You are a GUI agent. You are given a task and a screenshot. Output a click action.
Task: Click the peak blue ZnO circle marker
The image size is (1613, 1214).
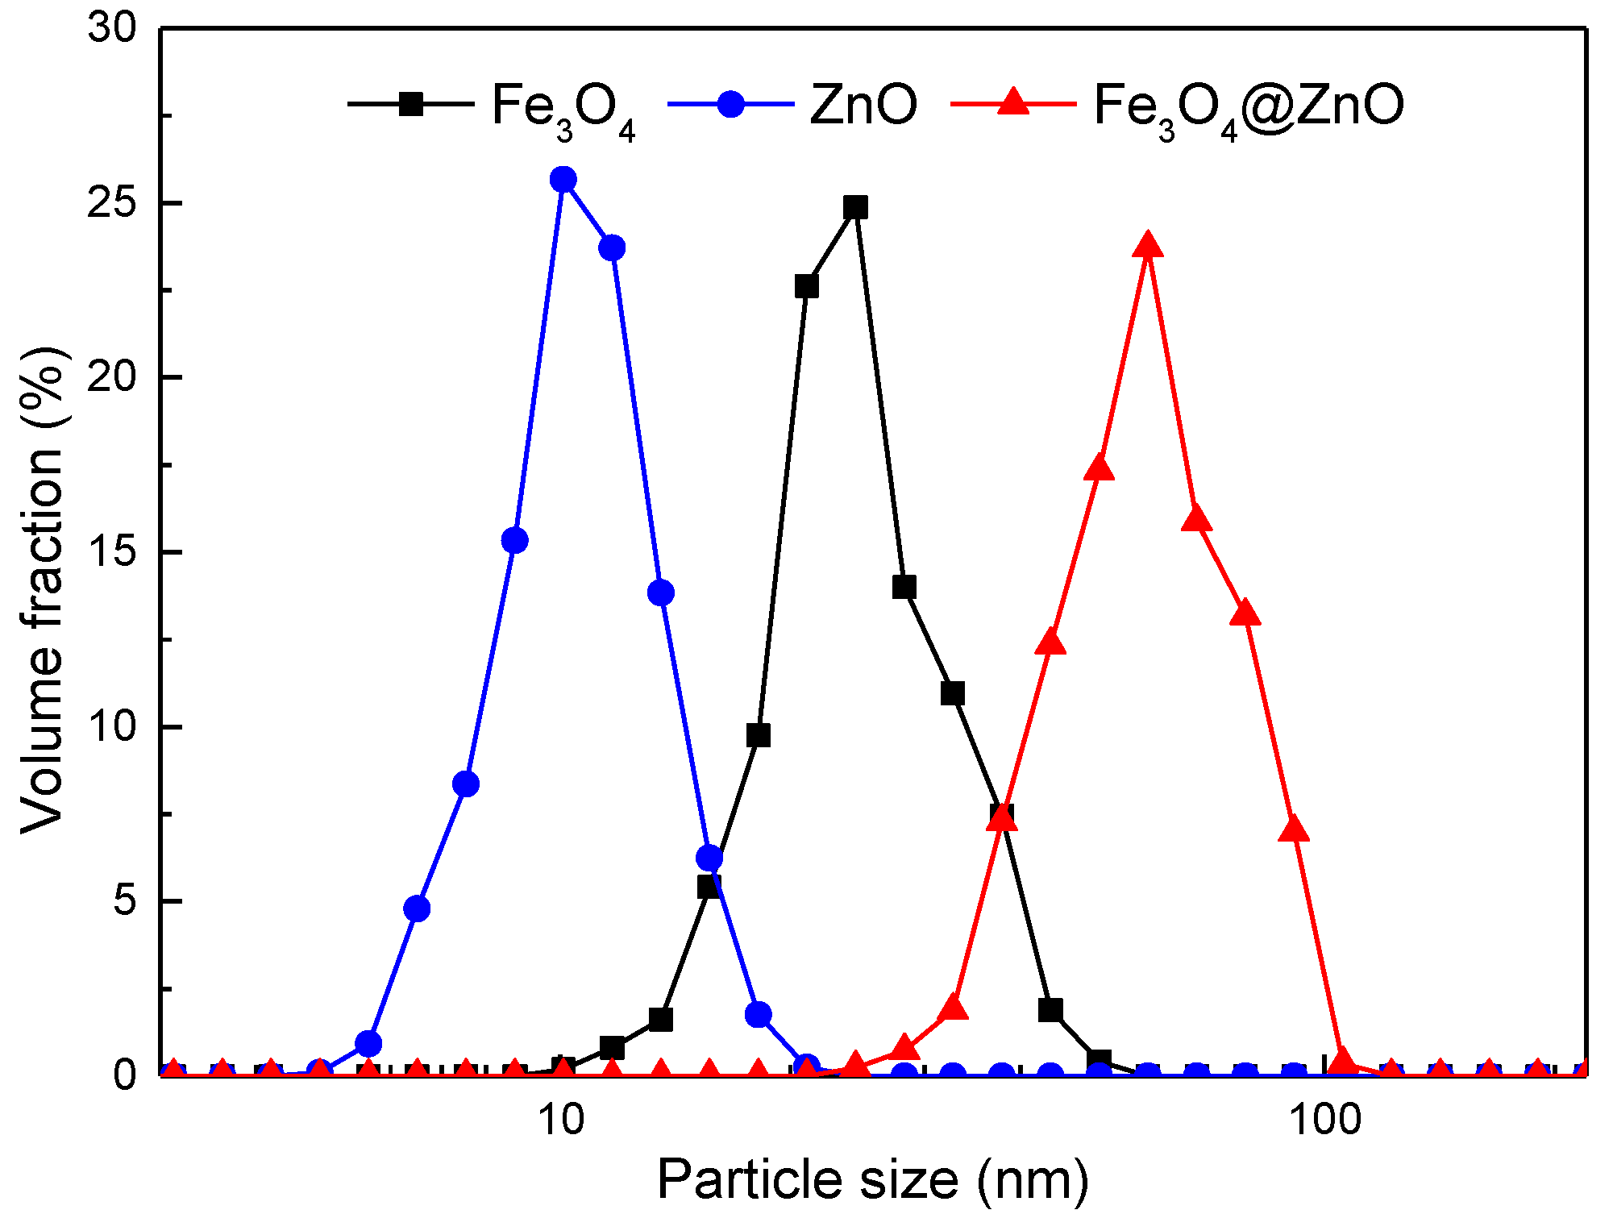point(563,179)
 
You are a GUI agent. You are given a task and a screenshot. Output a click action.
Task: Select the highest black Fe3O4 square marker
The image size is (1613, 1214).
point(855,208)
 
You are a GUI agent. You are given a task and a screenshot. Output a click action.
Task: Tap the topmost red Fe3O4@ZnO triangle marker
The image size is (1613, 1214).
point(1147,245)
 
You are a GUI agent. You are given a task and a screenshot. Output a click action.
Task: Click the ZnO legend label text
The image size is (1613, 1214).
point(863,105)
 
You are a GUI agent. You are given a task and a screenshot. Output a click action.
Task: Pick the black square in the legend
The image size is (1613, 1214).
point(411,104)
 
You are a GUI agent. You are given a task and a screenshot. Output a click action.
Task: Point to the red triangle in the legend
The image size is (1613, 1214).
point(1013,104)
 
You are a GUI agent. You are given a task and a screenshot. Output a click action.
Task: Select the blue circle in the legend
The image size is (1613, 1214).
point(730,104)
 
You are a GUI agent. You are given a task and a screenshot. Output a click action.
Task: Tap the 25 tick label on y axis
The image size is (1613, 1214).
point(112,203)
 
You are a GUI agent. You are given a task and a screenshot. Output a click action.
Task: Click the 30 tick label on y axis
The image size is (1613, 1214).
point(112,29)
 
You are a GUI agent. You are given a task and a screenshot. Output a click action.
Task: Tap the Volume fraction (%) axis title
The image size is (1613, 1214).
point(42,591)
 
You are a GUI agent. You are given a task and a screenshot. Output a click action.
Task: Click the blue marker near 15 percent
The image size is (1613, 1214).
point(515,540)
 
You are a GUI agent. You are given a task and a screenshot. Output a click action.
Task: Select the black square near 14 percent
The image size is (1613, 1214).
point(904,588)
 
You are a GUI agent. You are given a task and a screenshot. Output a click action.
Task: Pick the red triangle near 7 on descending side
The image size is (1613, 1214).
point(1294,829)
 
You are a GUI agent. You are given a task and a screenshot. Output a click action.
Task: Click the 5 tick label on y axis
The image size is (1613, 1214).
point(125,901)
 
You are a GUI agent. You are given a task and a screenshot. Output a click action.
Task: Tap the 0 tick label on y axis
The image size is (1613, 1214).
point(125,1075)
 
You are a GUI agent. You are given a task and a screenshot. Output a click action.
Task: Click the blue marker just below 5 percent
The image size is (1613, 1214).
point(417,908)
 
